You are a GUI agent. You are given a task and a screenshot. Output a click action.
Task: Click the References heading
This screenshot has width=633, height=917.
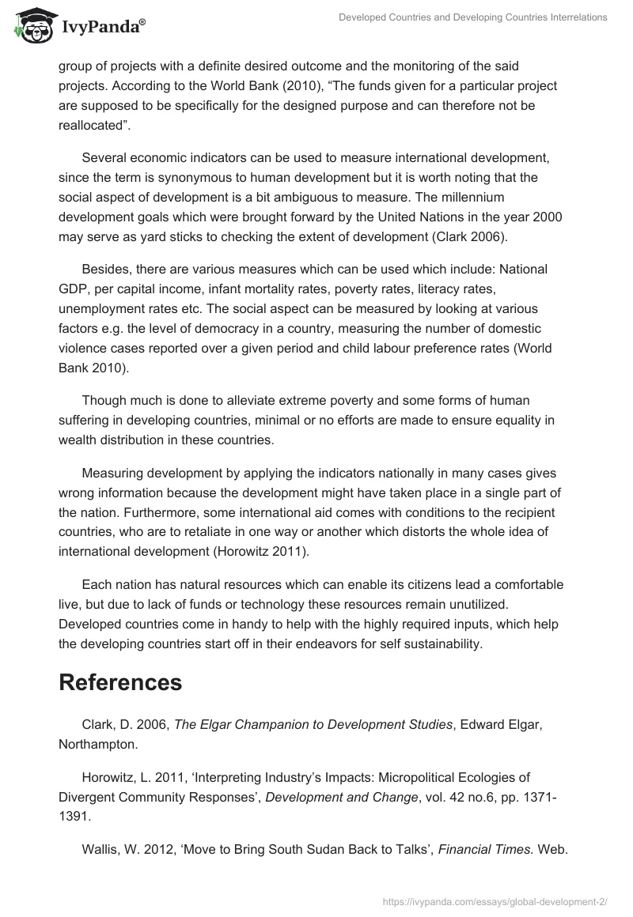coord(120,682)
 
